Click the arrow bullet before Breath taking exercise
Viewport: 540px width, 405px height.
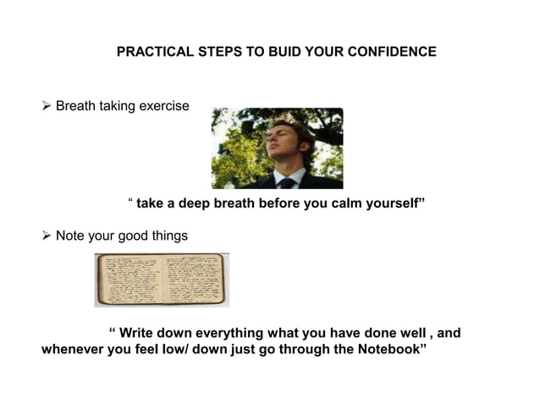pos(47,108)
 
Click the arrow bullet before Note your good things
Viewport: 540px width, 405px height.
pos(47,235)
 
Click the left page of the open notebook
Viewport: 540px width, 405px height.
pos(129,280)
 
